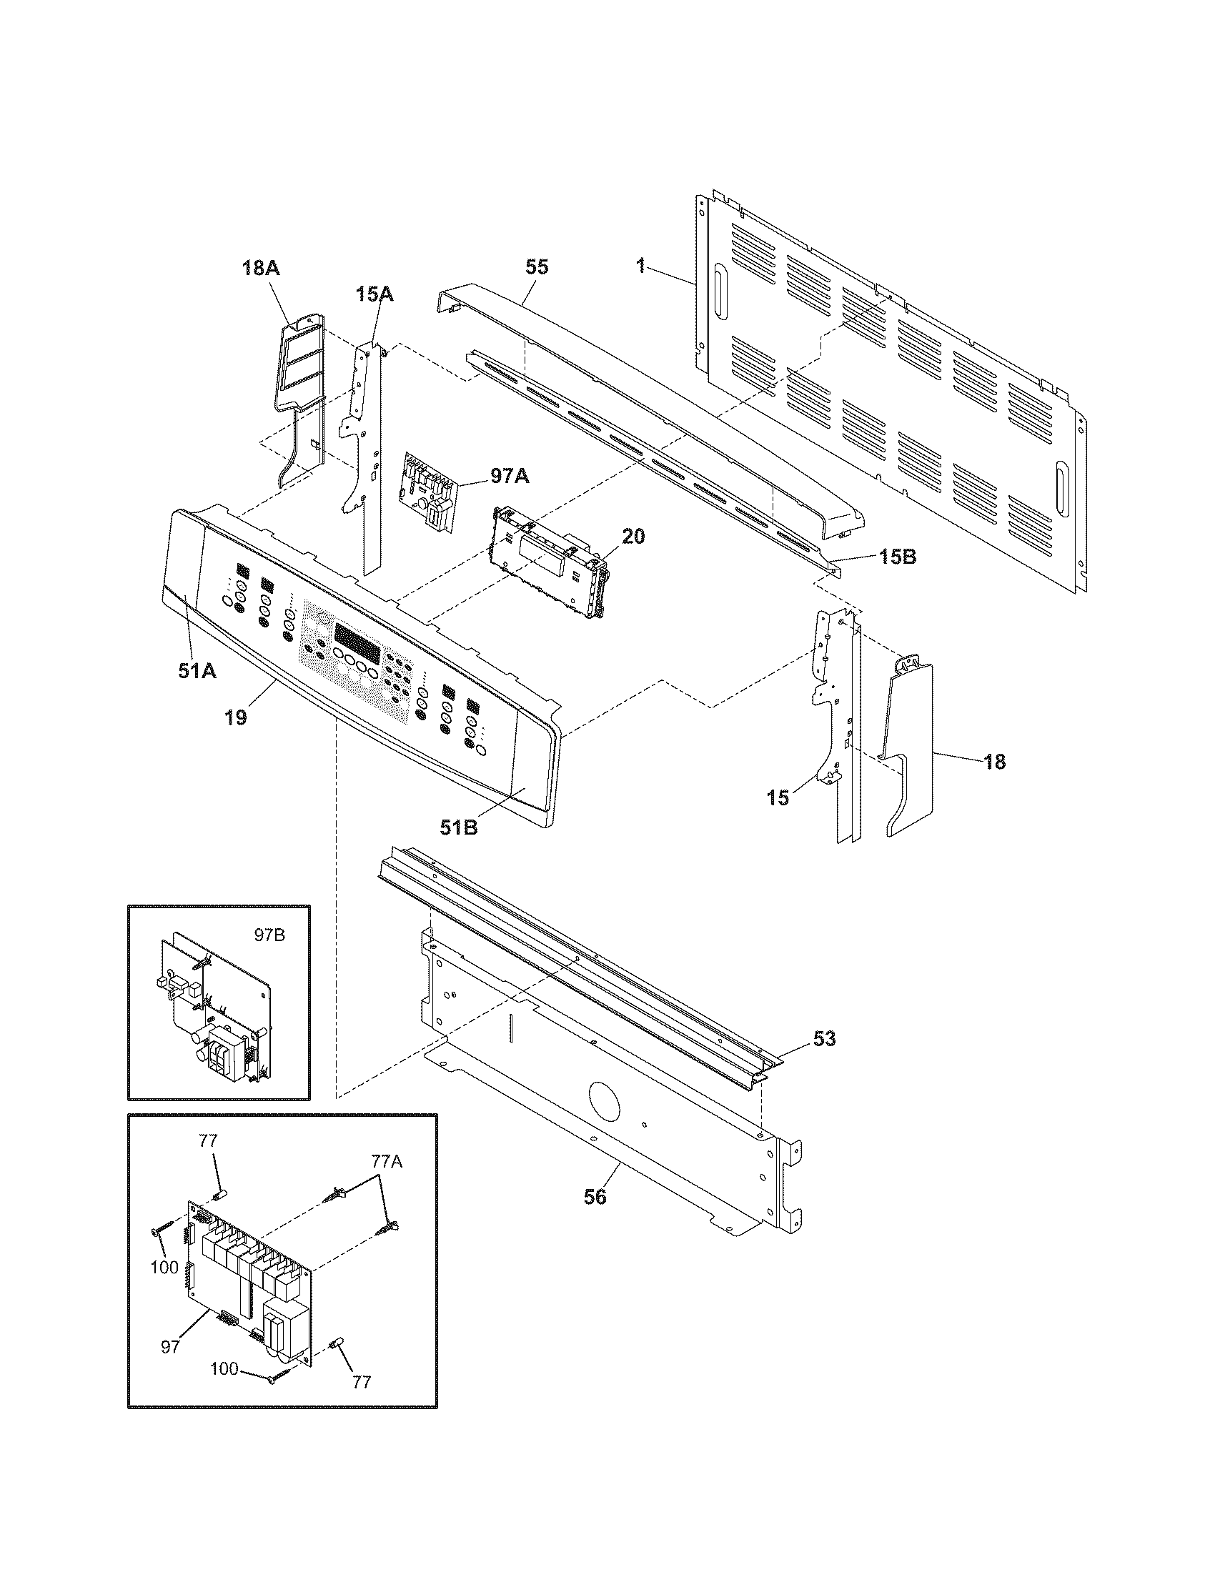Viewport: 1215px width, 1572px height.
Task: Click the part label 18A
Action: point(261,269)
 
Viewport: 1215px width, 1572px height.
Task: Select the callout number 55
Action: point(537,267)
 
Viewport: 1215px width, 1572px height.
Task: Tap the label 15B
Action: point(896,557)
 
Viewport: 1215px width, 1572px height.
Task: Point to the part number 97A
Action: point(509,476)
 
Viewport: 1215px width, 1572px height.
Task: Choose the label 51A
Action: point(197,671)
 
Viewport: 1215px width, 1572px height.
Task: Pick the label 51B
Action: point(460,827)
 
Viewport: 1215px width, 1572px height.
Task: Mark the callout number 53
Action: point(824,1039)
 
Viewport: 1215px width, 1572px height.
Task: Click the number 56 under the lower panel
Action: point(595,1196)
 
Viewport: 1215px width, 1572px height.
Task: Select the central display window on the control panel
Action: point(357,635)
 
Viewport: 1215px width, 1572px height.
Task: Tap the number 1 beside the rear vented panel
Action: point(640,267)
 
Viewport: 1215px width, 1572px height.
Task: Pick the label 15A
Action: point(374,294)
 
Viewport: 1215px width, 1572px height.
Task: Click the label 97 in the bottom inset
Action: point(170,1347)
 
